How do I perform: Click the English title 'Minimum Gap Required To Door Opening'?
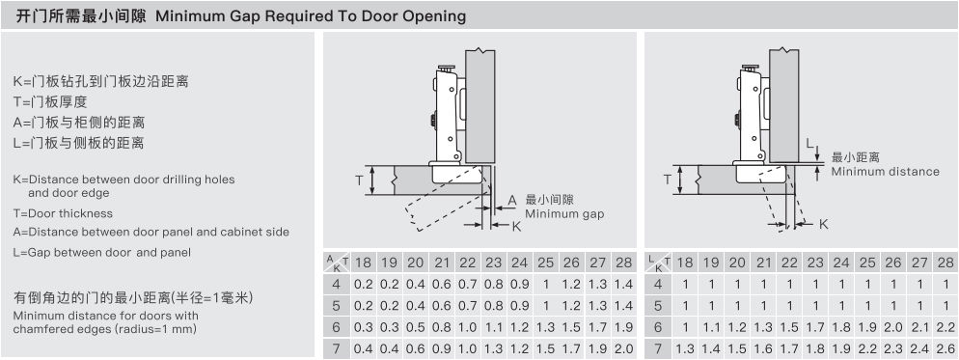(311, 15)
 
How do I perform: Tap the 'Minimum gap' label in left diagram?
(564, 213)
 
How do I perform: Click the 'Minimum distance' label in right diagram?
(885, 172)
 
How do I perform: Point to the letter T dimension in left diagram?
(360, 180)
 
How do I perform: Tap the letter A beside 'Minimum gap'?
(512, 200)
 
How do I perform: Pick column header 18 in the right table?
(685, 263)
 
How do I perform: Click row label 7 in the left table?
(336, 348)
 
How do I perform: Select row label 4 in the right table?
(658, 284)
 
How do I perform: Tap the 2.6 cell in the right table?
(945, 348)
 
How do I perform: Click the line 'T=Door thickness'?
(63, 213)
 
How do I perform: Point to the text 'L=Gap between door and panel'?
(101, 252)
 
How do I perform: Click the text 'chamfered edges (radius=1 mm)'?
(104, 329)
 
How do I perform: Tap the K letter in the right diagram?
(823, 225)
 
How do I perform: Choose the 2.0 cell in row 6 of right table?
(893, 327)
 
